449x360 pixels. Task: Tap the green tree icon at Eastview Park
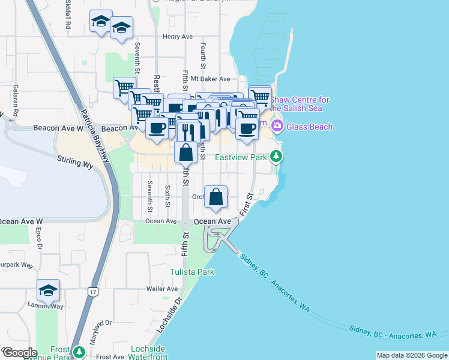coord(276,157)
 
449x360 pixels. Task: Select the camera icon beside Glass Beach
coord(277,127)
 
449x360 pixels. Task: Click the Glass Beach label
coord(310,127)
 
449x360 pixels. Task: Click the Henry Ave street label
coord(177,37)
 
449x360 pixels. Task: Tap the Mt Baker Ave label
coord(210,79)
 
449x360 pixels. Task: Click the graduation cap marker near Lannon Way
coord(48,292)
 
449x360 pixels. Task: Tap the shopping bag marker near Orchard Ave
coord(215,196)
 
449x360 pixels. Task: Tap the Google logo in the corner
coord(19,353)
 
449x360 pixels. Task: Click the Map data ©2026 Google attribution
coord(411,355)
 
